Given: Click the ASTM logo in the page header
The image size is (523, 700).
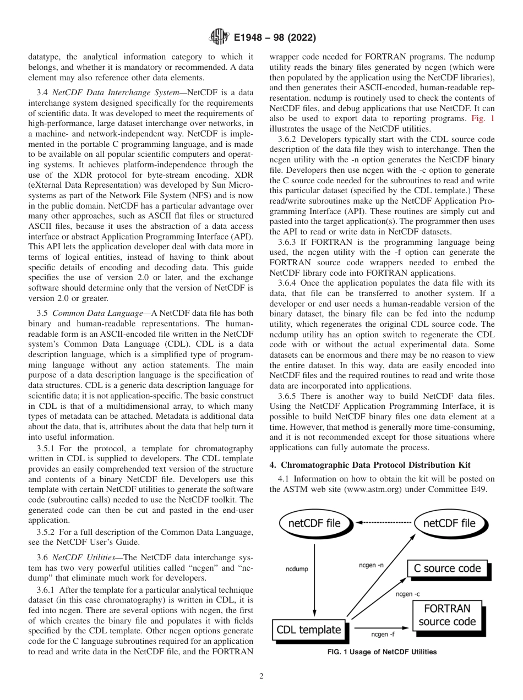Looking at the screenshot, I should (219, 37).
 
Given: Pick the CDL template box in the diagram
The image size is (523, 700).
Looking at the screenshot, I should (309, 630).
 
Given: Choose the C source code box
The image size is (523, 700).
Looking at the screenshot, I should (447, 568).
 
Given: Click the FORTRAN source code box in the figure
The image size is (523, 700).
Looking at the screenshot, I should (447, 615).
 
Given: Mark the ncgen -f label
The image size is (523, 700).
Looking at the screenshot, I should (379, 635).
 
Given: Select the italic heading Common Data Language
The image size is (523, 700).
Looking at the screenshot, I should (91, 313).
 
